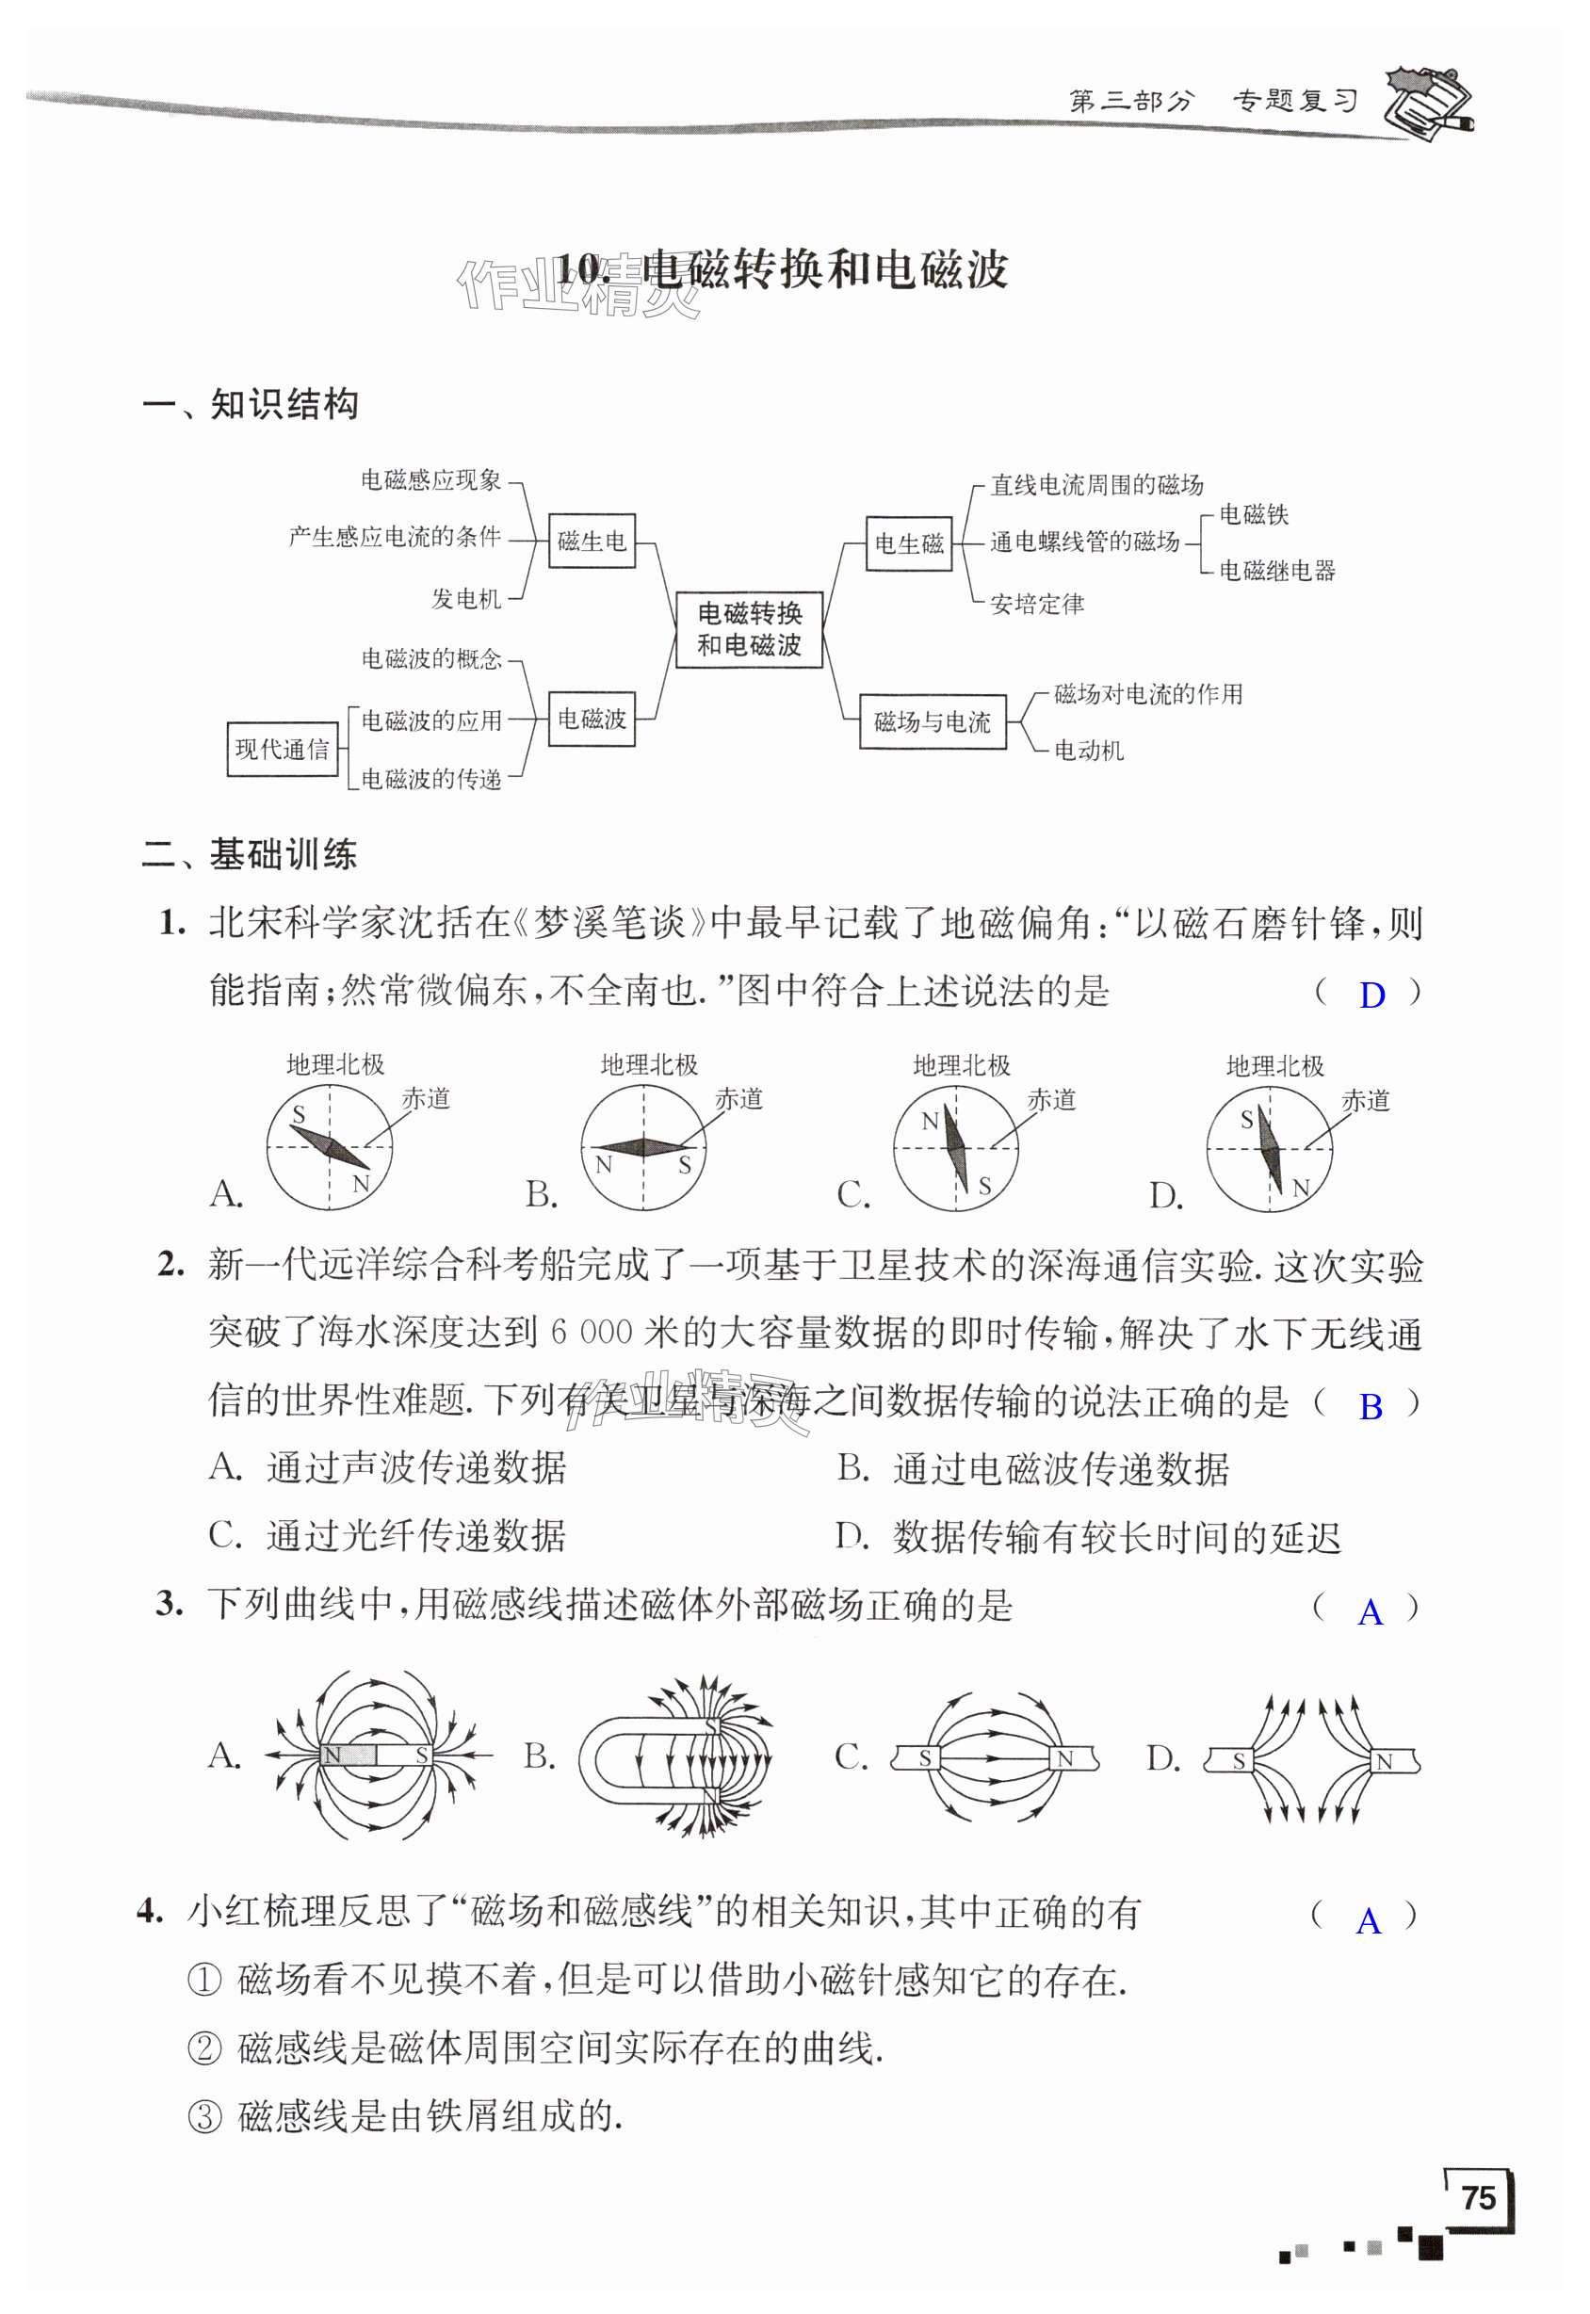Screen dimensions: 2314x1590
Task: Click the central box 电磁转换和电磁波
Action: pyautogui.click(x=749, y=628)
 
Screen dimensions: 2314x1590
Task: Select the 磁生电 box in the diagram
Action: pyautogui.click(x=592, y=541)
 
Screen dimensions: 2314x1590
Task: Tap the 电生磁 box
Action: pyautogui.click(x=909, y=543)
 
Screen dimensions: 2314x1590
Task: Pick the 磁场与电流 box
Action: pyautogui.click(x=933, y=721)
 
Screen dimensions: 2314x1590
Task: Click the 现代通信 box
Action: pyautogui.click(x=282, y=749)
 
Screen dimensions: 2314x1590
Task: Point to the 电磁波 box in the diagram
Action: pyautogui.click(x=592, y=719)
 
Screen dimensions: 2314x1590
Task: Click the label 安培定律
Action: pyautogui.click(x=1037, y=604)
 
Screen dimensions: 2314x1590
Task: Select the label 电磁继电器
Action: pyautogui.click(x=1277, y=571)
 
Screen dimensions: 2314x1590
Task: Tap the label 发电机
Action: pyautogui.click(x=466, y=599)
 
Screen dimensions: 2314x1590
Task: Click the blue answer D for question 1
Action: pyautogui.click(x=1371, y=995)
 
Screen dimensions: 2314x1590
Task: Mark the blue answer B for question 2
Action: pyautogui.click(x=1371, y=1406)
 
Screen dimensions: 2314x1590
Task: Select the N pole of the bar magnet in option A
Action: pyautogui.click(x=333, y=1756)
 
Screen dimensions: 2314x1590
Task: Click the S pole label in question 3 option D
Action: pyautogui.click(x=1239, y=1760)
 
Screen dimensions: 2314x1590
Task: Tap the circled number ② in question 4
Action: pyautogui.click(x=204, y=2049)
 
